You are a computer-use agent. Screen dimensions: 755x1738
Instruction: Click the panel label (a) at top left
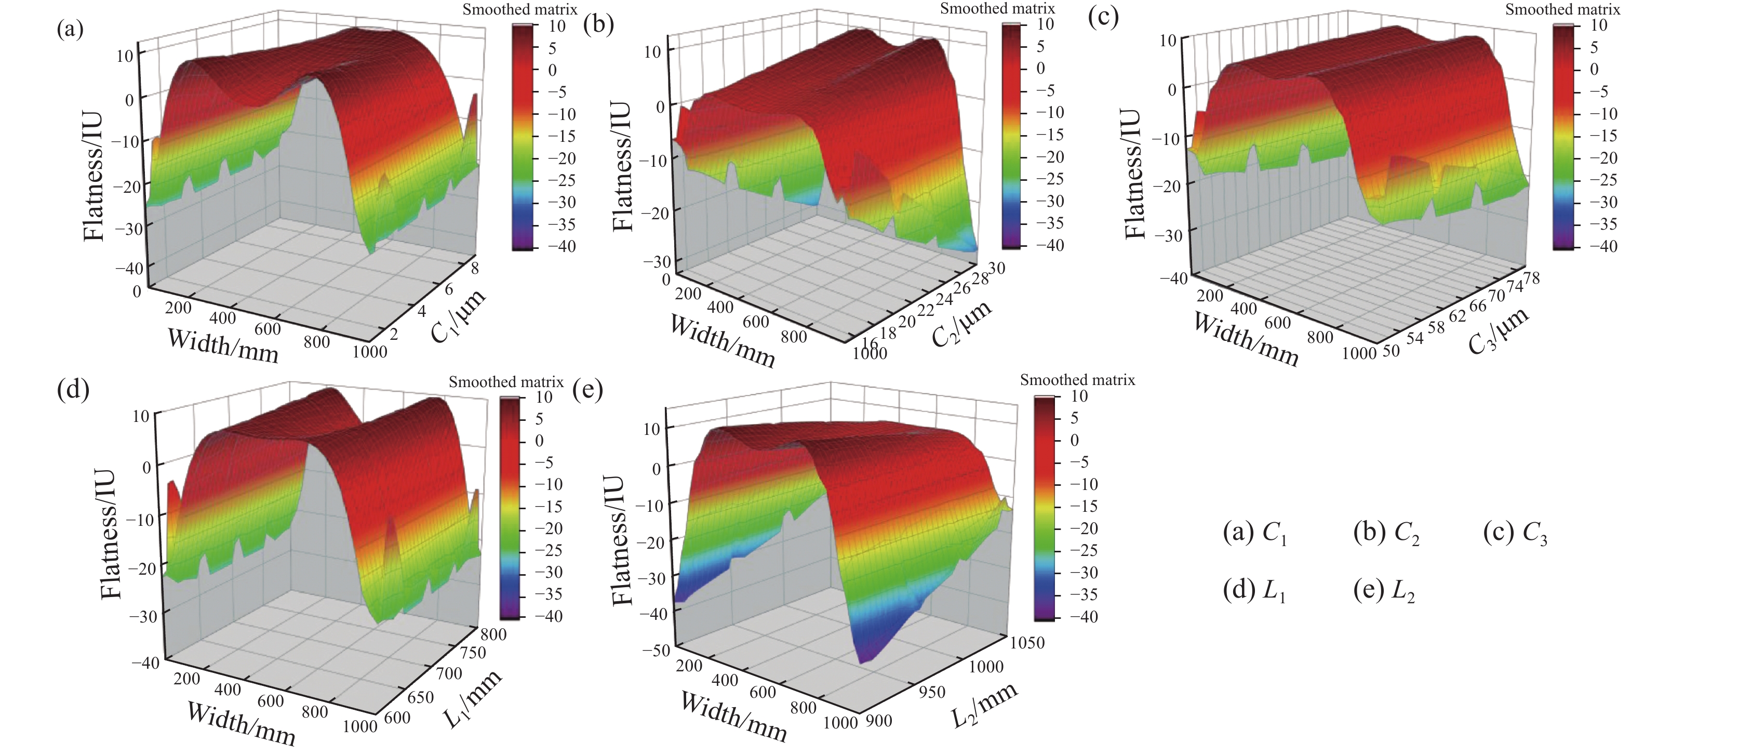click(70, 29)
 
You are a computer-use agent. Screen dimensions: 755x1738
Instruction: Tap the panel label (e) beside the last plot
click(587, 390)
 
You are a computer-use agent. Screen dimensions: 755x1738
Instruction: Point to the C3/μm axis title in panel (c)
click(1498, 330)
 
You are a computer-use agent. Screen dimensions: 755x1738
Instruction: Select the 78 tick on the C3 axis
click(1532, 277)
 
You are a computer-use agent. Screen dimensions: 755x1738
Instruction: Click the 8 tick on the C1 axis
click(474, 269)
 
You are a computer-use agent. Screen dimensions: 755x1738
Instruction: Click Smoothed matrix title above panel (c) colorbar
click(1562, 9)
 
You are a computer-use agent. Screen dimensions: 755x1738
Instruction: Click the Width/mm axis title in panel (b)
click(723, 341)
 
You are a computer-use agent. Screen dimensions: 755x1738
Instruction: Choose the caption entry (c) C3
click(1515, 534)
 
